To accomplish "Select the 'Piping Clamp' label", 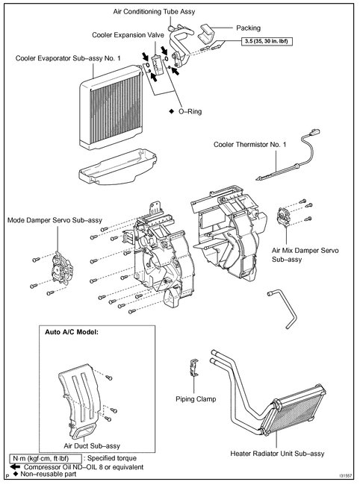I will pyautogui.click(x=195, y=399).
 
